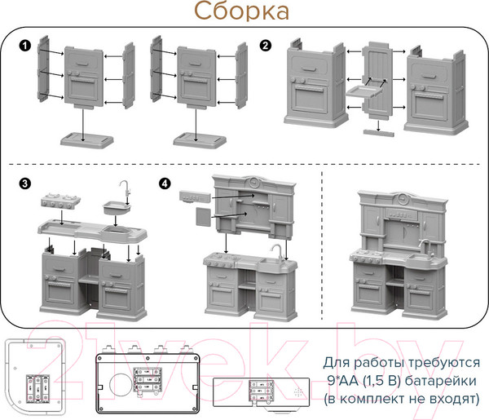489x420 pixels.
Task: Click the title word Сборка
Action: [x=241, y=12]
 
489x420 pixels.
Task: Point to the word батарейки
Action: [x=430, y=380]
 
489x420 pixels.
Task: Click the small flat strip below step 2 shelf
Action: [x=376, y=129]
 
